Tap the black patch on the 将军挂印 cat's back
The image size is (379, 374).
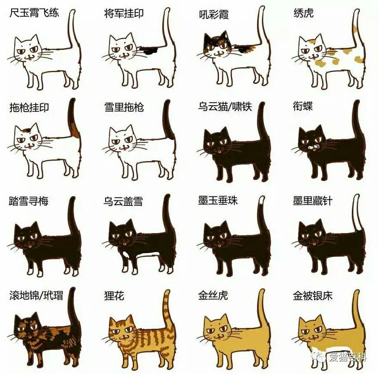pos(151,50)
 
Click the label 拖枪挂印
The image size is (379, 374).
pos(29,107)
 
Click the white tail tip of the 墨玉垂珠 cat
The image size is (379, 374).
pos(263,202)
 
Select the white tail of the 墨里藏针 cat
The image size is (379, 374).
pos(356,215)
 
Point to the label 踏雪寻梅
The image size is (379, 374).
pos(29,201)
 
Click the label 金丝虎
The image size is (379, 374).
pos(213,296)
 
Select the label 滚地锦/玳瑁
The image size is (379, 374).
pos(36,296)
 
